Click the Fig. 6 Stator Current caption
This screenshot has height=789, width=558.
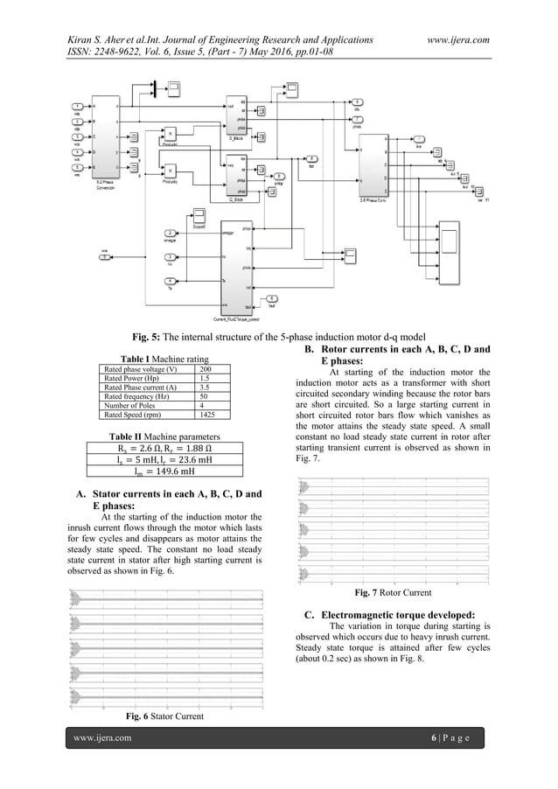pyautogui.click(x=165, y=716)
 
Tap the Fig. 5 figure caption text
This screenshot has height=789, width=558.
pyautogui.click(x=278, y=336)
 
